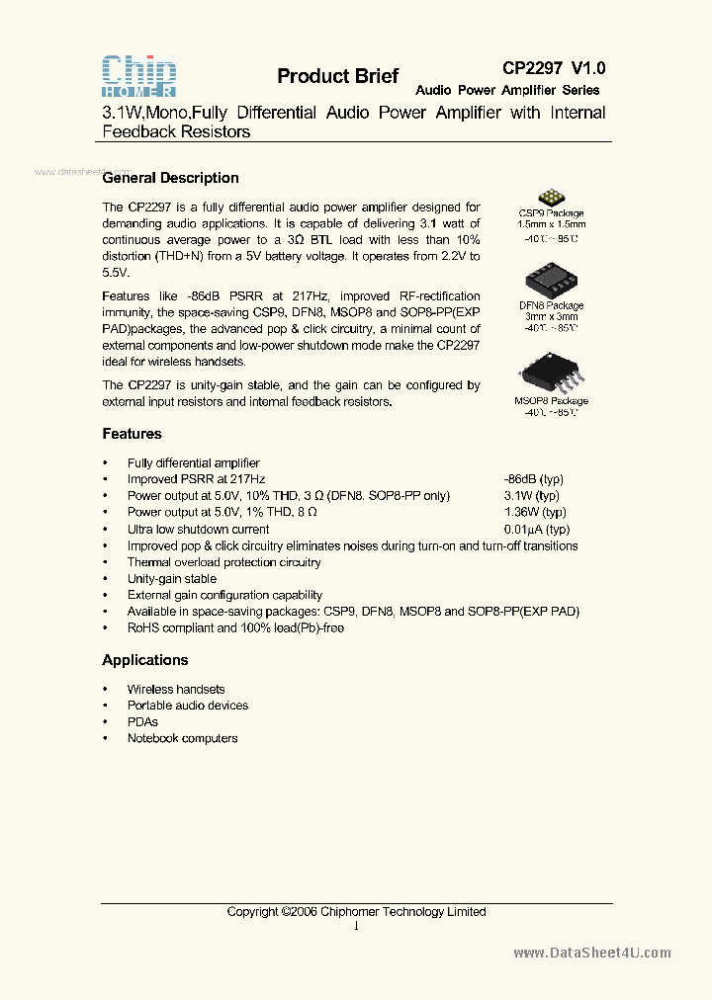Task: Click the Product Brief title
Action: click(337, 76)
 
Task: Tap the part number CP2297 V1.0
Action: click(554, 68)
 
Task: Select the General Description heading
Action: click(170, 178)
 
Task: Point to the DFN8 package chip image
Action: click(551, 281)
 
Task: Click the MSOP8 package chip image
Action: click(550, 375)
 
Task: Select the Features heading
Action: click(132, 434)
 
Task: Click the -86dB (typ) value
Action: click(534, 479)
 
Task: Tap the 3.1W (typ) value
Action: click(531, 496)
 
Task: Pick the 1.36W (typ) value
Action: click(535, 513)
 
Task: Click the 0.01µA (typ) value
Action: click(537, 530)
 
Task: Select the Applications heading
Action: click(144, 660)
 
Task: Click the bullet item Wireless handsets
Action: click(175, 689)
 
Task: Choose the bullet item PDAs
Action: click(142, 722)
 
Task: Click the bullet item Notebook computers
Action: click(182, 738)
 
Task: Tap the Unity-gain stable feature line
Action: click(171, 579)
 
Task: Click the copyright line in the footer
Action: click(356, 911)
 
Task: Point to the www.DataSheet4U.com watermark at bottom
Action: click(592, 953)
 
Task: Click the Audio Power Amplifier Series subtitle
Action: click(507, 90)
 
